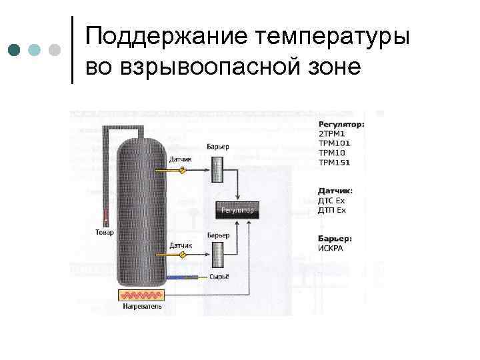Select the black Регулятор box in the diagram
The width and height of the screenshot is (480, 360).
[238, 211]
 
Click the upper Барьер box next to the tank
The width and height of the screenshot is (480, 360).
[218, 169]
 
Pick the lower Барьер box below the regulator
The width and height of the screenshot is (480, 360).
[218, 256]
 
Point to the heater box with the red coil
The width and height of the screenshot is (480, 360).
[141, 296]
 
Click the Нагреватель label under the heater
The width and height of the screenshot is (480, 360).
[141, 308]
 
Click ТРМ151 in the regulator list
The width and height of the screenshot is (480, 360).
[335, 162]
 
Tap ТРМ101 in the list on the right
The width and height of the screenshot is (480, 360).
[335, 143]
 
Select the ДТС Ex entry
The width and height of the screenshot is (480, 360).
[333, 201]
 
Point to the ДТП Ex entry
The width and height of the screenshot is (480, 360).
[333, 210]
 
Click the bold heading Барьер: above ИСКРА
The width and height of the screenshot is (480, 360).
[335, 239]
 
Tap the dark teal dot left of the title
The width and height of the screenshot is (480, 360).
[15, 50]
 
